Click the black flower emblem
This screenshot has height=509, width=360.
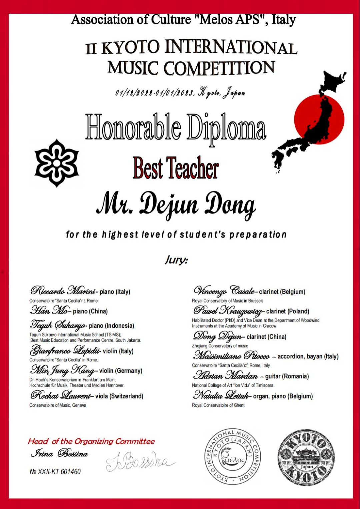(57, 163)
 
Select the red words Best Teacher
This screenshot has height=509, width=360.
(176, 168)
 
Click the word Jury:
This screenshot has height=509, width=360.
(176, 259)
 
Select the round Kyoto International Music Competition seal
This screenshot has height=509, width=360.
(233, 456)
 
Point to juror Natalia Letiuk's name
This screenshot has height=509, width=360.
(221, 395)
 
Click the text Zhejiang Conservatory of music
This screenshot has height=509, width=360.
(220, 346)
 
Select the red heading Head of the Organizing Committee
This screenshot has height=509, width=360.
(91, 441)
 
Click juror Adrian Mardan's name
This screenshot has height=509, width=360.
(225, 376)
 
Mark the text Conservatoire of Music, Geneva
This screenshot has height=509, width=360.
(58, 405)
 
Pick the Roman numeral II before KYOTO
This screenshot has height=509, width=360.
(91, 49)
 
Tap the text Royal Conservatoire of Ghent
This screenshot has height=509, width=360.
(218, 405)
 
